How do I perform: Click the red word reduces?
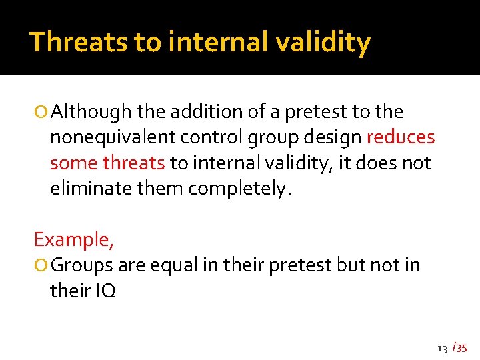[x=401, y=137]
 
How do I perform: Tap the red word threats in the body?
[x=133, y=163]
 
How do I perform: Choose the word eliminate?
[x=91, y=188]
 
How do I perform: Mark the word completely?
[x=239, y=188]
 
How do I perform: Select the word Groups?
[x=82, y=265]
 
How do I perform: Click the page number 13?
[x=441, y=348]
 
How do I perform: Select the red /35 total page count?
[x=459, y=347]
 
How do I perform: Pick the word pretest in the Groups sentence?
[x=300, y=265]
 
